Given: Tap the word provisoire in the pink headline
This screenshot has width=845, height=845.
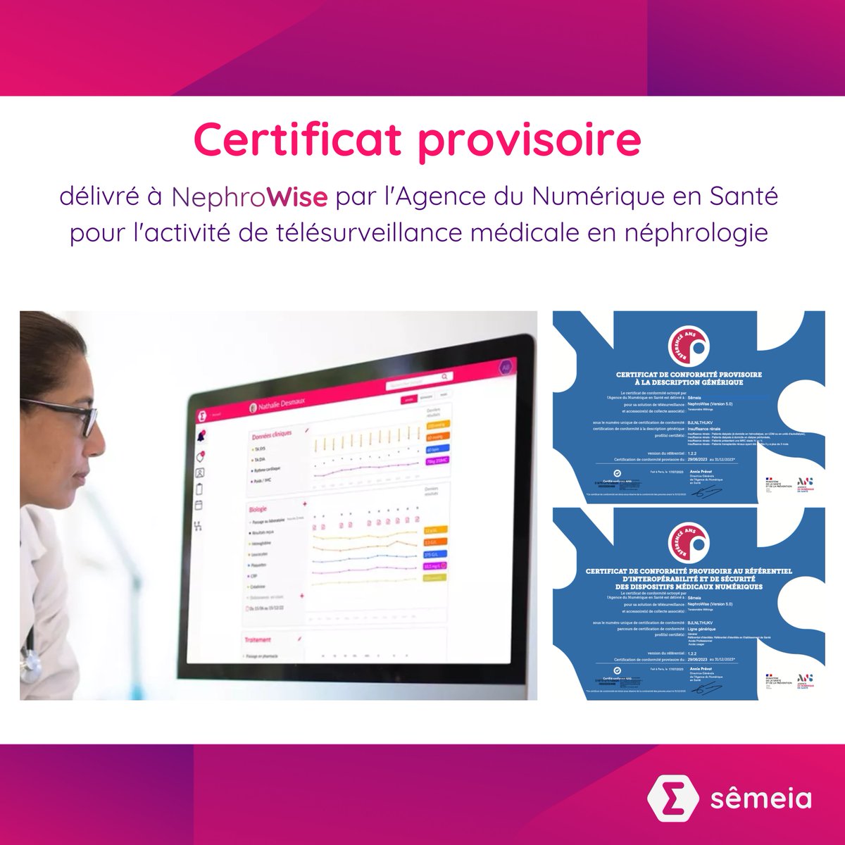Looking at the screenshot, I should tap(529, 141).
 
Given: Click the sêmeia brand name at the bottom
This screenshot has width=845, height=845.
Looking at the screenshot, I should tap(760, 799).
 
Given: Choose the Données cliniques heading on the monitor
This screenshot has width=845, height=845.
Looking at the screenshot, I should tap(271, 436).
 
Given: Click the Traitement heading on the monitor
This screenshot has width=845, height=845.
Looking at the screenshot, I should tap(258, 639).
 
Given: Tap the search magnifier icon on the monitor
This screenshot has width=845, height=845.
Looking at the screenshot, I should tap(444, 377).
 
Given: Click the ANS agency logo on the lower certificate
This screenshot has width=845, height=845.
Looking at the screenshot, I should tap(803, 680).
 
